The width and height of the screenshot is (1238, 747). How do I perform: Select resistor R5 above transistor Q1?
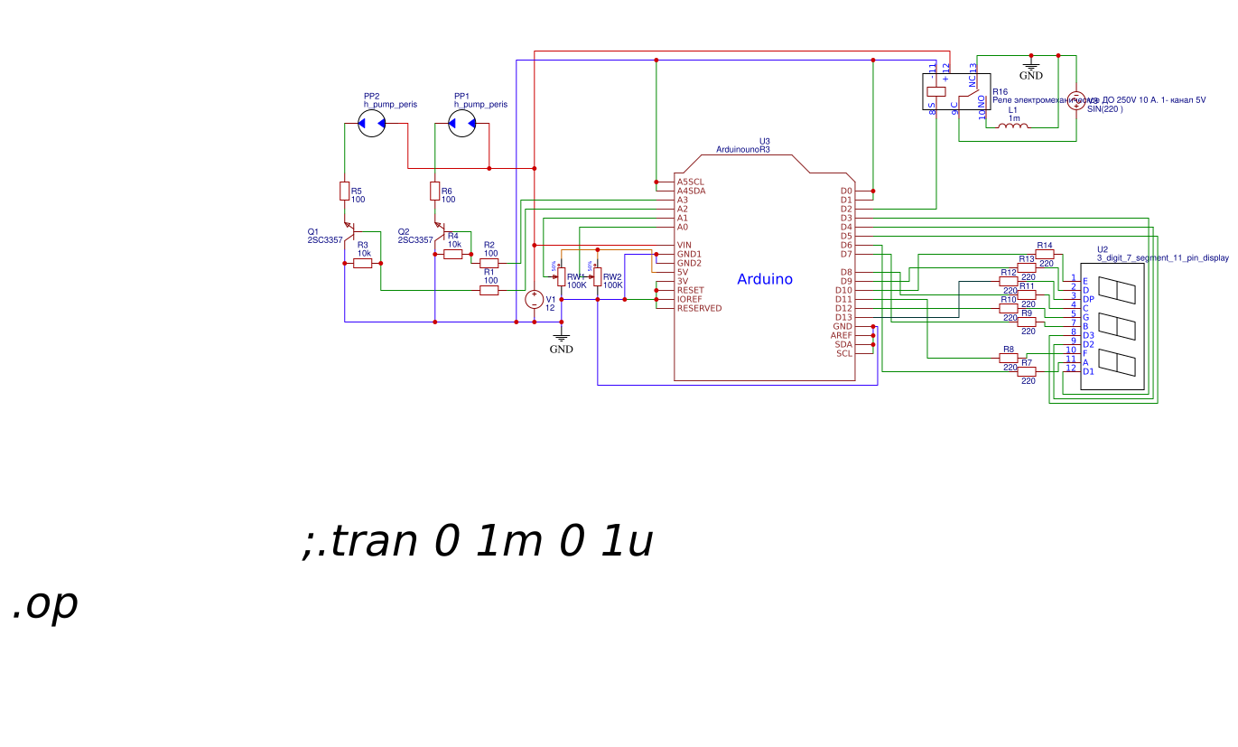point(345,191)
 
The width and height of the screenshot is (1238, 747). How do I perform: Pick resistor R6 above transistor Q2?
point(435,191)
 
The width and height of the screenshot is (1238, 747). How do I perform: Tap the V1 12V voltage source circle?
point(534,299)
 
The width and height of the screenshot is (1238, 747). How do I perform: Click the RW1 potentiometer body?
point(561,276)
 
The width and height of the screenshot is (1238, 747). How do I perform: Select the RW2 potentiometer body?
point(597,276)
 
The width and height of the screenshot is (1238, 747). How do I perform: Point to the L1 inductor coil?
point(1012,126)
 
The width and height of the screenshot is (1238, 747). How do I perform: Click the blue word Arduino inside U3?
point(765,279)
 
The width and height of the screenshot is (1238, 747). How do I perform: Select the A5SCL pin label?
point(691,182)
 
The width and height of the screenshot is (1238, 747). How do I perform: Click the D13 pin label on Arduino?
point(843,317)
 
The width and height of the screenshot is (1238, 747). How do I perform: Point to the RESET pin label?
point(691,290)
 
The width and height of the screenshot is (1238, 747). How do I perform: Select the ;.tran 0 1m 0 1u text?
point(477,542)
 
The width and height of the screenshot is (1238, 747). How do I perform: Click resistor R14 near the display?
point(1045,254)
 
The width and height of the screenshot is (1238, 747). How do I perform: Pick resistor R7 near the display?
point(1027,371)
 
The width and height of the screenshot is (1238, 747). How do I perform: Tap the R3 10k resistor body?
point(363,263)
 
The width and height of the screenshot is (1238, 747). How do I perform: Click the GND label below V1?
point(561,349)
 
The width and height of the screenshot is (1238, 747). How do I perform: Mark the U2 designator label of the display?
point(1102,249)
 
